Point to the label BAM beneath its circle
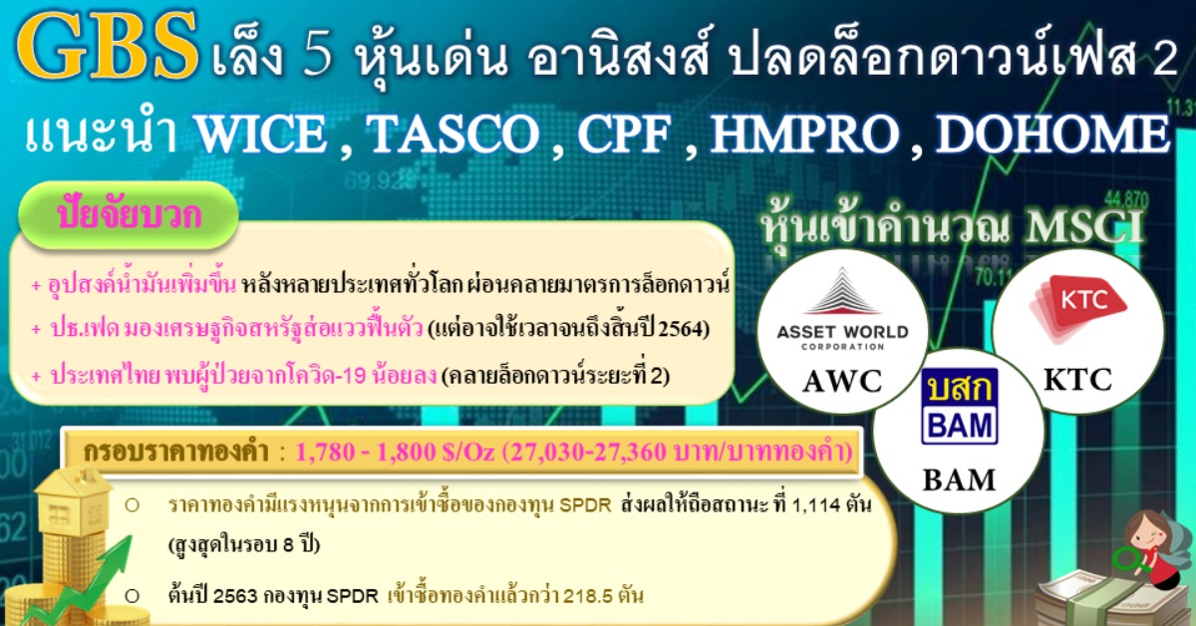click(959, 479)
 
